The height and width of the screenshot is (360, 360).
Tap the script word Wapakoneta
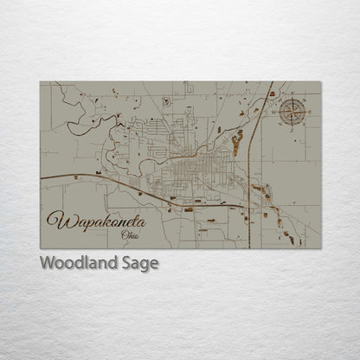(x=95, y=221)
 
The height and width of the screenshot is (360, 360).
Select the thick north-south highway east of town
(x=249, y=173)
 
